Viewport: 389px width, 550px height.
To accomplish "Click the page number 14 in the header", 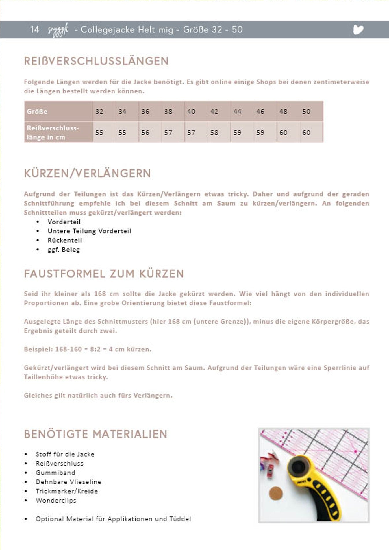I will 34,29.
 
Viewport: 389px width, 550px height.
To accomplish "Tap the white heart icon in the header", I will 358,29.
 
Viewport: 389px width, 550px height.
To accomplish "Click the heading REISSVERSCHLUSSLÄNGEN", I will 96,61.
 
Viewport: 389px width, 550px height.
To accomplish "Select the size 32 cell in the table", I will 99,111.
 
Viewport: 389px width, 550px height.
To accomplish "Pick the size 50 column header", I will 306,111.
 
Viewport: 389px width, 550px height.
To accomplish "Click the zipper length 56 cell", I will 145,132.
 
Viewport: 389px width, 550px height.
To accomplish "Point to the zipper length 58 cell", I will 214,132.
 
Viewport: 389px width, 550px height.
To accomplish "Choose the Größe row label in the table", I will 37,111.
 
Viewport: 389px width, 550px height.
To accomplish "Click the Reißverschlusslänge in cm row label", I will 53,132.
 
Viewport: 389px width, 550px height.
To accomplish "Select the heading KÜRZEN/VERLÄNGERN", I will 87,173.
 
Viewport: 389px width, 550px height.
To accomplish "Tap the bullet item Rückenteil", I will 65,240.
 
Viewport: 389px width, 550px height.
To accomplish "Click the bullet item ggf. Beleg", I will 64,250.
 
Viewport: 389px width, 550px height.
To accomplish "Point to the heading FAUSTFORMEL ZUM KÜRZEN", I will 104,274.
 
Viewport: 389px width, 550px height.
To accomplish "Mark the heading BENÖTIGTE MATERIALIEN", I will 96,434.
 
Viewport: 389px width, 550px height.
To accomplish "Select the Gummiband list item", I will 55,473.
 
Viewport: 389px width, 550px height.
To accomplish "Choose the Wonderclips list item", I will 56,500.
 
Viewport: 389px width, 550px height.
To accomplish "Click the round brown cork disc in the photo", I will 276,493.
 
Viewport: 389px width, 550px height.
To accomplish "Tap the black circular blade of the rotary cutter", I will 299,466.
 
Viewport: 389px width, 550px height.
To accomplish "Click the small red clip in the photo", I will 271,473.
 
